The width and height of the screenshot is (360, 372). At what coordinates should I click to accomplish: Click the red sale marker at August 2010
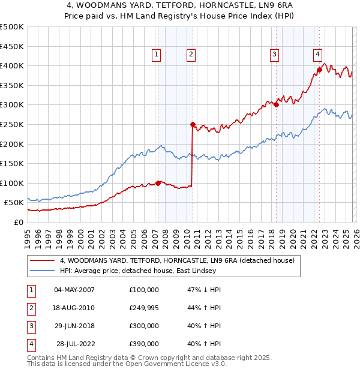(x=193, y=125)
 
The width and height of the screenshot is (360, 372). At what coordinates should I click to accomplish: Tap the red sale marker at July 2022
(x=319, y=70)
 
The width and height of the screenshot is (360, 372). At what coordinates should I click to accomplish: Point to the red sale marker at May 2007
(x=158, y=183)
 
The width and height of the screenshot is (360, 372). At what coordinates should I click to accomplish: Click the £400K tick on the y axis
(x=12, y=65)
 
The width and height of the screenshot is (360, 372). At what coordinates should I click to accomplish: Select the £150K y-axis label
(x=12, y=163)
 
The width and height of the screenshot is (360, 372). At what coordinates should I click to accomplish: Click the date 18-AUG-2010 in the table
(x=74, y=308)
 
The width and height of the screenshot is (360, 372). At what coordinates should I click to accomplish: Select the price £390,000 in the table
(x=144, y=344)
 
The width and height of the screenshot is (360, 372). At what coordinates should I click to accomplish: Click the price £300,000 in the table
(x=144, y=326)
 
